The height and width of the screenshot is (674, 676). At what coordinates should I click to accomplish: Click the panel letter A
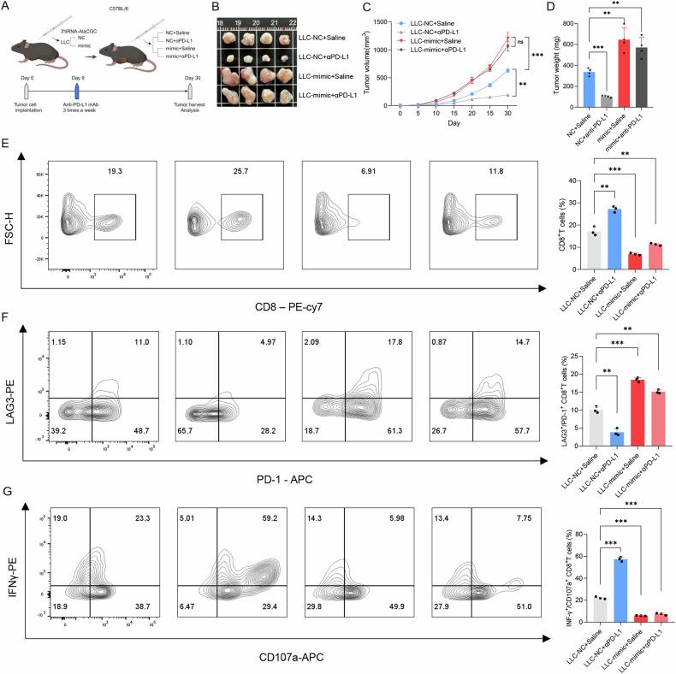(x=7, y=7)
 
